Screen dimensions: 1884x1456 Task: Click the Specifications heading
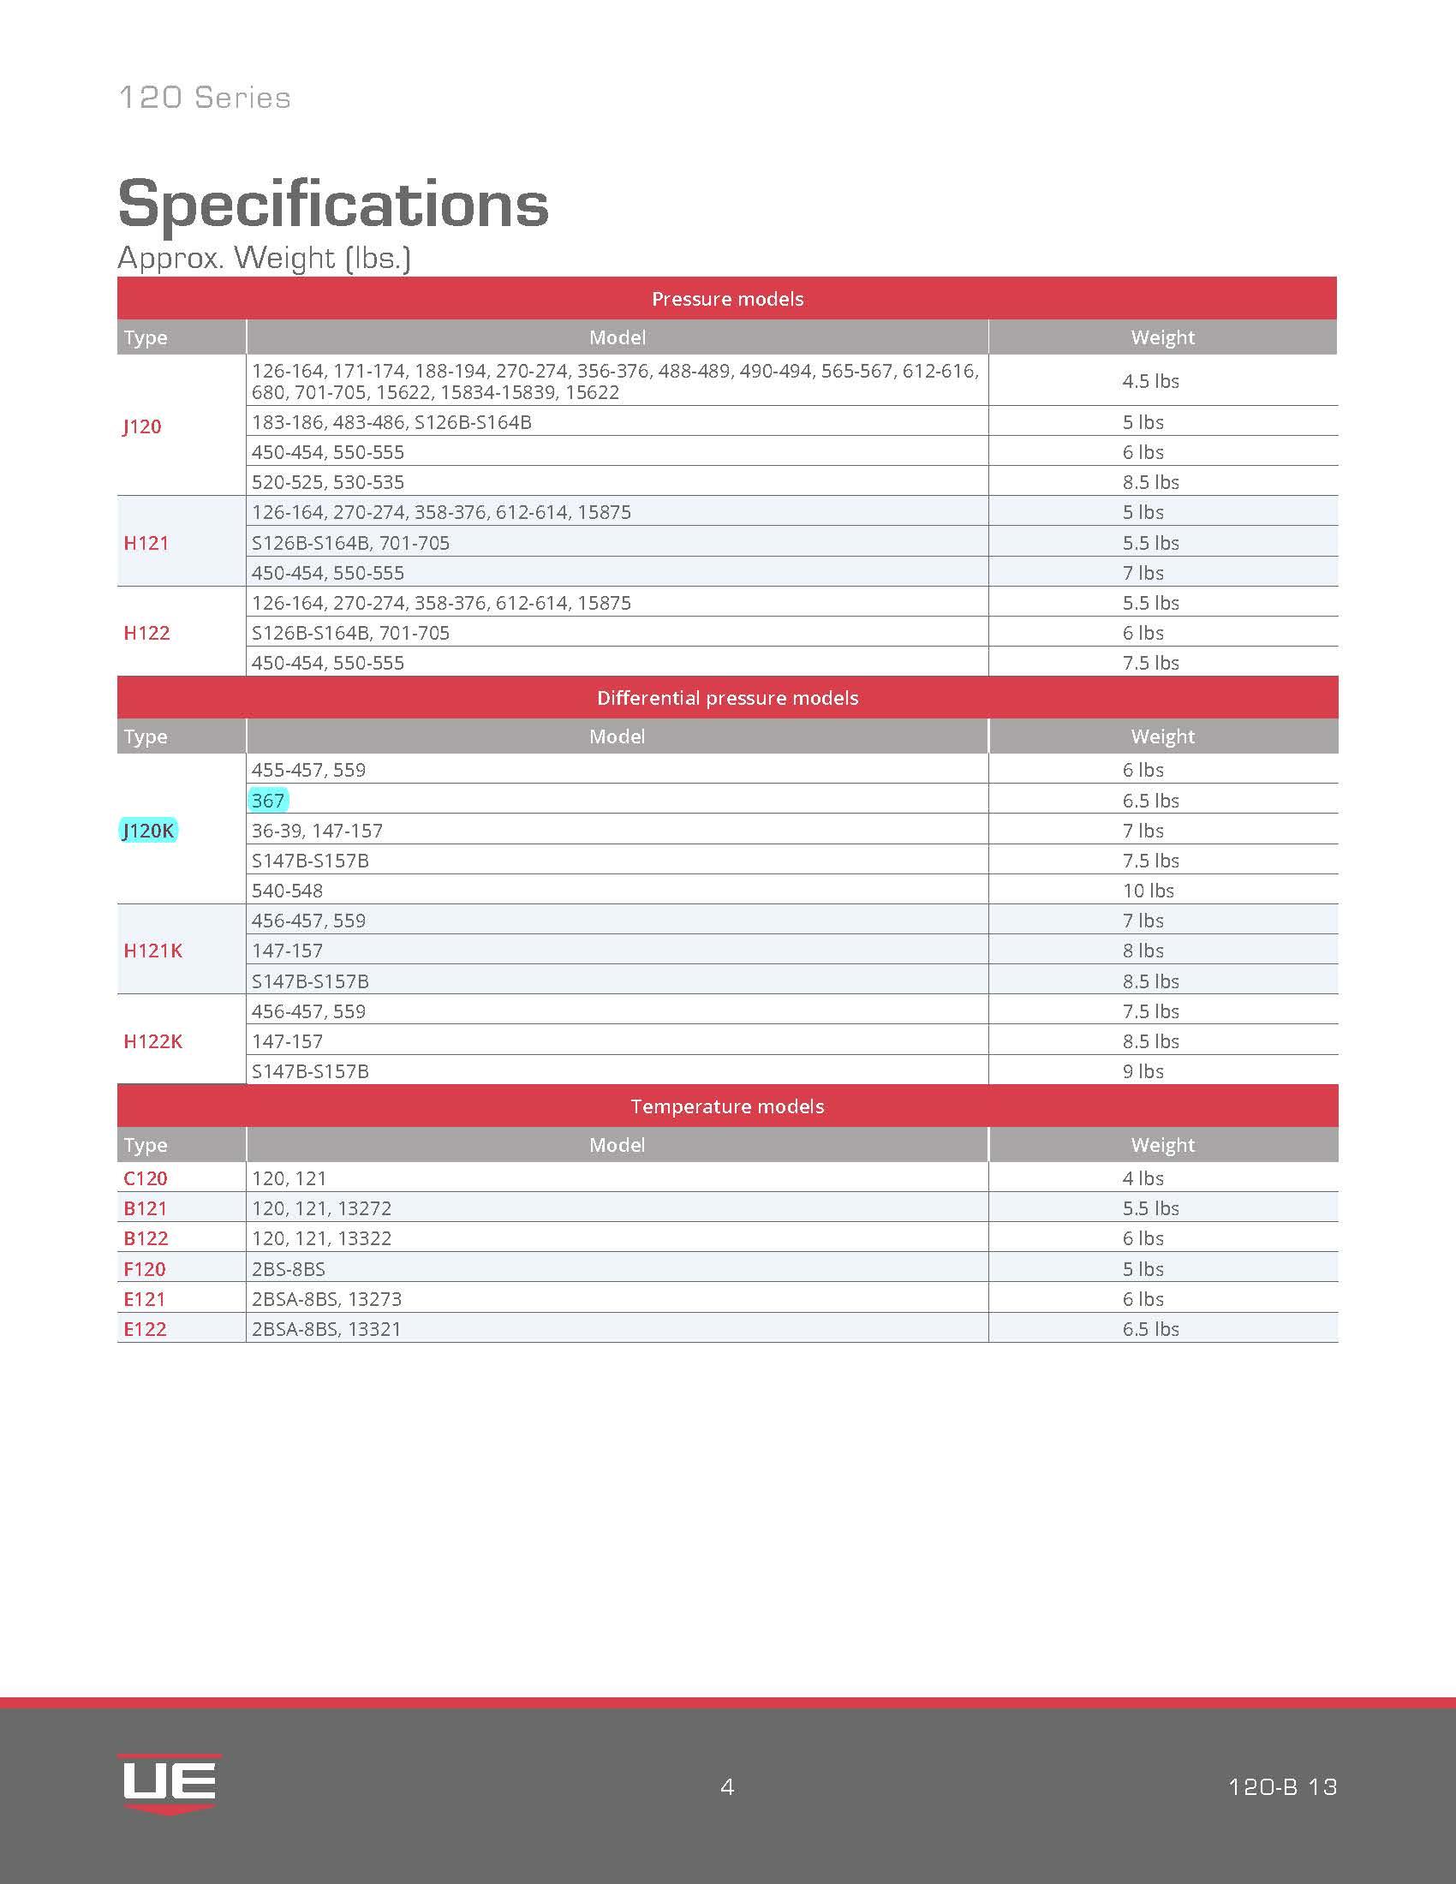click(333, 204)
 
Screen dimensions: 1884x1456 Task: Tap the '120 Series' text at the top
click(205, 98)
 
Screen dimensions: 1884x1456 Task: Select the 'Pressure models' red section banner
click(727, 299)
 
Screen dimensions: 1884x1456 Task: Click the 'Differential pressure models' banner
click(727, 698)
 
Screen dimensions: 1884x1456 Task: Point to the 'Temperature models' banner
click(727, 1106)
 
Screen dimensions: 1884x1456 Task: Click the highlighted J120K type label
click(148, 831)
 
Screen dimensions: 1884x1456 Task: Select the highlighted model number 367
click(268, 801)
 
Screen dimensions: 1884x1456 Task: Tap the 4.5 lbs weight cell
click(1149, 381)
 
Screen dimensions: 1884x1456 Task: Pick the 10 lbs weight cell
click(1147, 891)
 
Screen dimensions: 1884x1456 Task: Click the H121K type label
click(152, 951)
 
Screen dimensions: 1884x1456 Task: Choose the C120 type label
click(145, 1178)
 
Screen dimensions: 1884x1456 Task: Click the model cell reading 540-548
click(287, 891)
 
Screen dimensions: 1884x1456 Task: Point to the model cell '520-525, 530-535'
click(328, 482)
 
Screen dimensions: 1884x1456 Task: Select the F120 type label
click(144, 1269)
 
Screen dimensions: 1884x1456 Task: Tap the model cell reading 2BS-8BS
click(288, 1269)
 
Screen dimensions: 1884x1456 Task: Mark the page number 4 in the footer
click(727, 1786)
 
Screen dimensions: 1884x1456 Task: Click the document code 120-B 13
click(1282, 1786)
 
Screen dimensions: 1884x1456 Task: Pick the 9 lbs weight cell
click(1143, 1071)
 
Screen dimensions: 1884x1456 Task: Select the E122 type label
click(144, 1329)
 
